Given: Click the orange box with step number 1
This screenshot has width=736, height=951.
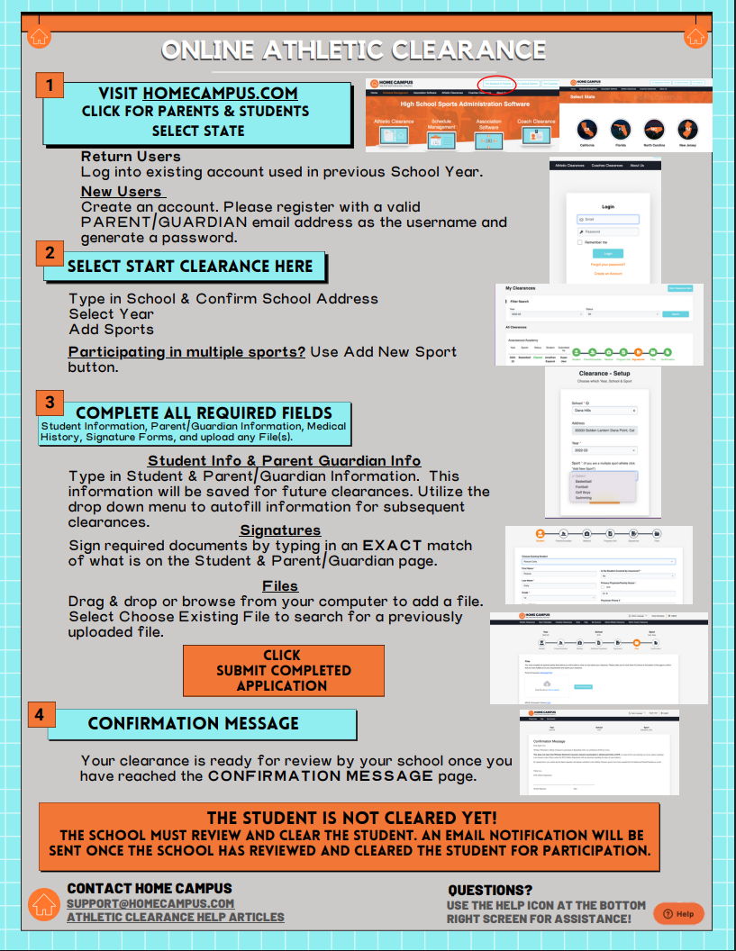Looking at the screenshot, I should (x=50, y=86).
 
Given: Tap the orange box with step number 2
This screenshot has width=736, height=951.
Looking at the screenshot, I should (x=50, y=253).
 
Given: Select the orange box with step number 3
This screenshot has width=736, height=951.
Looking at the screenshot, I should (x=50, y=402).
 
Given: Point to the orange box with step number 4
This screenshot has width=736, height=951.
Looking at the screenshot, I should (x=39, y=714).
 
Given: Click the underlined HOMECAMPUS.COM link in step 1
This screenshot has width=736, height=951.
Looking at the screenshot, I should (x=220, y=93).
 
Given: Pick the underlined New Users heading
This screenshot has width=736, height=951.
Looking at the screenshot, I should (x=121, y=191).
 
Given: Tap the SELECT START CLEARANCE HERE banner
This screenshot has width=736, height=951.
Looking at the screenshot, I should (x=191, y=267).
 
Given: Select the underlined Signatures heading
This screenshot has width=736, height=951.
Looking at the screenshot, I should (x=280, y=530).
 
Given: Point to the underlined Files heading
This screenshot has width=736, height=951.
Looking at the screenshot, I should (x=280, y=585).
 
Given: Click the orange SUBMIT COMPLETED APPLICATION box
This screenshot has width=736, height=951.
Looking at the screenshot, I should (x=283, y=670).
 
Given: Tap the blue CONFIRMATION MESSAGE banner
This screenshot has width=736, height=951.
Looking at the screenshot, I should (x=193, y=723).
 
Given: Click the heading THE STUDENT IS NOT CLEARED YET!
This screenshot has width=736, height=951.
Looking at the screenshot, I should (x=351, y=818).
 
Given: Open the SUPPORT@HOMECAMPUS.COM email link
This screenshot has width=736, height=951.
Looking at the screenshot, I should (x=150, y=903).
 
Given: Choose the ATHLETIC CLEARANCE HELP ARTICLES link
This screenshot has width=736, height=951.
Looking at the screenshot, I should (x=176, y=917).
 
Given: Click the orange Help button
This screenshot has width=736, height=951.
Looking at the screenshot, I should (x=678, y=913).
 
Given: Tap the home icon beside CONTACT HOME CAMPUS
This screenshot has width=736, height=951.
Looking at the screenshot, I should (x=44, y=904).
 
